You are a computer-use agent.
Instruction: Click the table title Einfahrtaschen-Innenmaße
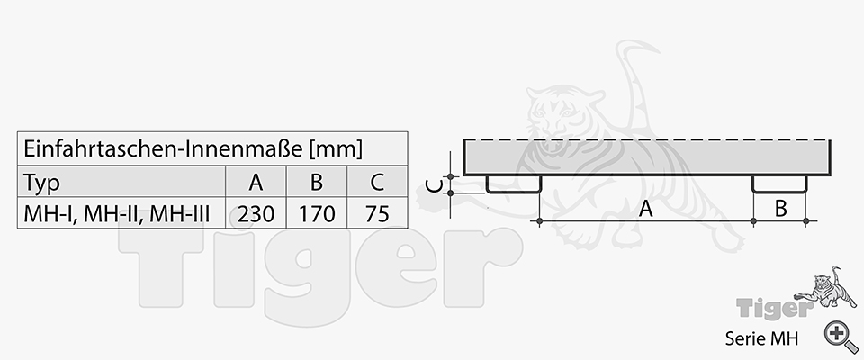click(164, 148)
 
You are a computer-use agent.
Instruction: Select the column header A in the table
click(256, 183)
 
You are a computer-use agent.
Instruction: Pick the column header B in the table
click(316, 183)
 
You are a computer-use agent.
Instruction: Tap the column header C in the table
click(377, 183)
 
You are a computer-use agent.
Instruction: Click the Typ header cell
click(42, 183)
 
